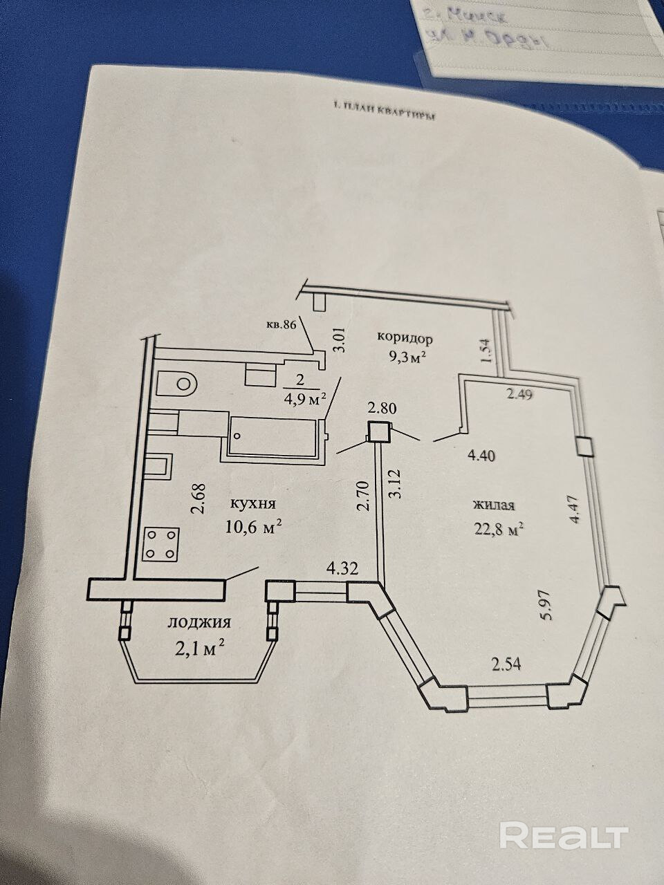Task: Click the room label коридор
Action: (405, 339)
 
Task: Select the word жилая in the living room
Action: (493, 505)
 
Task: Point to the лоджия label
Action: (199, 622)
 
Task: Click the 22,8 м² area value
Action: (497, 530)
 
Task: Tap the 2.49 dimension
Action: (522, 395)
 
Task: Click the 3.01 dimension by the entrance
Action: (339, 342)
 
